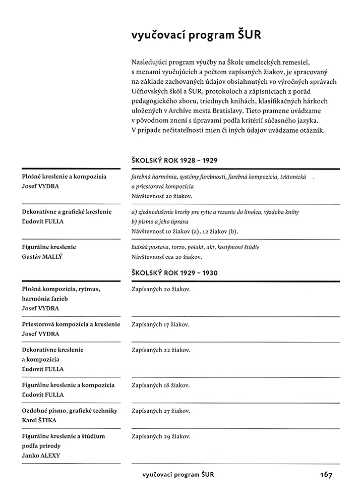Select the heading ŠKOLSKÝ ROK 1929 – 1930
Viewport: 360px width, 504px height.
click(x=174, y=273)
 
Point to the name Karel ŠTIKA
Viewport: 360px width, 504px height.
click(x=39, y=420)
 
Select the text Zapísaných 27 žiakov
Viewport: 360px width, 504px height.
click(x=160, y=411)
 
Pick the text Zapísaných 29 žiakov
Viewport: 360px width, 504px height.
click(x=160, y=436)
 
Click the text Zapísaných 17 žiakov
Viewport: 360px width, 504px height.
click(x=160, y=324)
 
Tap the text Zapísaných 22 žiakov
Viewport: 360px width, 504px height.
click(x=160, y=350)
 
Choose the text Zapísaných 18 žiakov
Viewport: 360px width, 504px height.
click(x=160, y=385)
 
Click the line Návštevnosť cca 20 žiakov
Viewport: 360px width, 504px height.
click(x=165, y=257)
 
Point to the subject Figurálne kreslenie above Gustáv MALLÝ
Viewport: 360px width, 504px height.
click(x=49, y=247)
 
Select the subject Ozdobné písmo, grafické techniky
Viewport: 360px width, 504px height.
click(x=70, y=411)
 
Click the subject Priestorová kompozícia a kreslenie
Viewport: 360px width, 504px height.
click(x=71, y=324)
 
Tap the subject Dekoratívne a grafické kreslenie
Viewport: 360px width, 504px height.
click(x=67, y=212)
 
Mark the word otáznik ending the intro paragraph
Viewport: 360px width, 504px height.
click(x=314, y=130)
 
